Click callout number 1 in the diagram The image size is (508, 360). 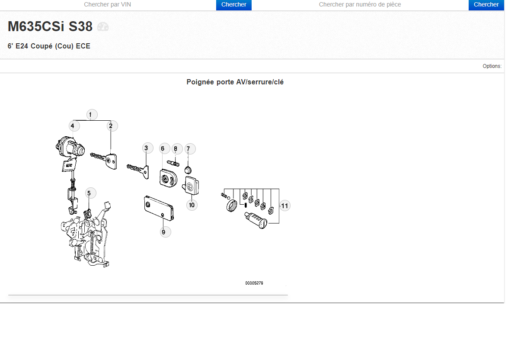(90, 115)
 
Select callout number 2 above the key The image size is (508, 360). (111, 126)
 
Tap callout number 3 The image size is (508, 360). (146, 148)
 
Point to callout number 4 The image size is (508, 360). (73, 126)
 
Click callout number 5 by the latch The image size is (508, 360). (89, 193)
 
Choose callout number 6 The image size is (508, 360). (163, 148)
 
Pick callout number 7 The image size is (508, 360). (188, 149)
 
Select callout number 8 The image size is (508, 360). (176, 149)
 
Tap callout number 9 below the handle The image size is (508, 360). (163, 232)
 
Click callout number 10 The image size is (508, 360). (192, 205)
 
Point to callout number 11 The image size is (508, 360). (284, 206)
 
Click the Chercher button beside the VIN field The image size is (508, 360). (233, 5)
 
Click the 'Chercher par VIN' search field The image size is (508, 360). (108, 4)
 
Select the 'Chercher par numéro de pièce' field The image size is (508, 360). (360, 4)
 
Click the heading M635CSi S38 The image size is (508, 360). (50, 26)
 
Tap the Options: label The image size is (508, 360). (492, 66)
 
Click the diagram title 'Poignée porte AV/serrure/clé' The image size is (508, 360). (235, 82)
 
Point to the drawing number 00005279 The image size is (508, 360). (254, 283)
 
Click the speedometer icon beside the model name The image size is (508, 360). (103, 26)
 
